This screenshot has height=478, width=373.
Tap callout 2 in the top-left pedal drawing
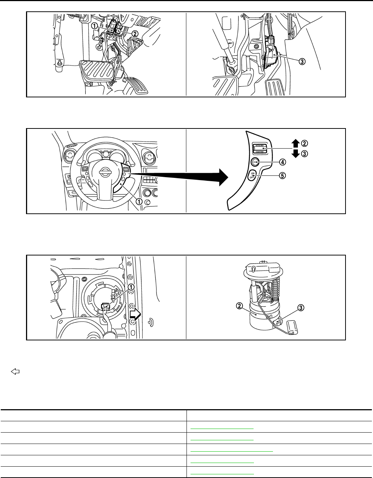pyautogui.click(x=135, y=33)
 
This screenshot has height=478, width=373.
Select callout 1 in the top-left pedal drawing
pyautogui.click(x=95, y=26)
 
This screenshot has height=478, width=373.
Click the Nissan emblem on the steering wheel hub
pyautogui.click(x=107, y=172)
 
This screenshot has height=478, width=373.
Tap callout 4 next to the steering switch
pyautogui.click(x=282, y=161)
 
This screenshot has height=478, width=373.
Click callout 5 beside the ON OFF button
pyautogui.click(x=282, y=175)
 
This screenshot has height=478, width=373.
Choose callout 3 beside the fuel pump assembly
pyautogui.click(x=300, y=308)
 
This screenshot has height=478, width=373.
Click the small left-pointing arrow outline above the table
pyautogui.click(x=15, y=372)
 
